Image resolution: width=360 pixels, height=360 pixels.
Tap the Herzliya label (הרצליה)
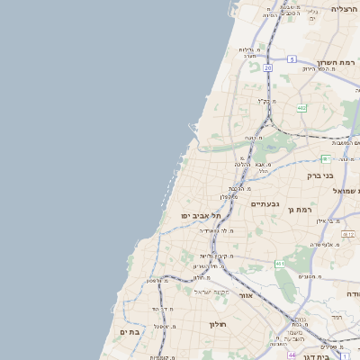click(x=345, y=8)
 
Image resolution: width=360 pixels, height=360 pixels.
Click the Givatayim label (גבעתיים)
click(x=265, y=204)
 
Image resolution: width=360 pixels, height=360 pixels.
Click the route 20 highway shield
click(x=267, y=67)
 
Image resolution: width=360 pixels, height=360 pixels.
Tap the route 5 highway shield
click(x=292, y=58)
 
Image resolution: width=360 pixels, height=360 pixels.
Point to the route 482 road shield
click(x=301, y=108)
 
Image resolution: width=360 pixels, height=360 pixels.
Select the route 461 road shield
click(x=280, y=264)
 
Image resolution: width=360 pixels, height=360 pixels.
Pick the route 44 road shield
click(x=292, y=355)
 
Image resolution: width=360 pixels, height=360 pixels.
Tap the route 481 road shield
click(x=325, y=158)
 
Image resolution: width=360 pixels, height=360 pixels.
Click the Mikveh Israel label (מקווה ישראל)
click(x=213, y=292)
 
